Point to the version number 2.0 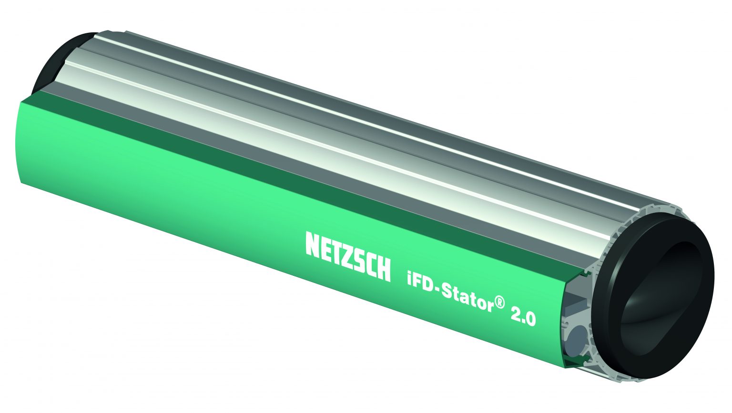pos(523,316)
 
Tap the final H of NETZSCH pos(383,269)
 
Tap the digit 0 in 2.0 pos(530,319)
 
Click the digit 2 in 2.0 pos(516,313)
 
